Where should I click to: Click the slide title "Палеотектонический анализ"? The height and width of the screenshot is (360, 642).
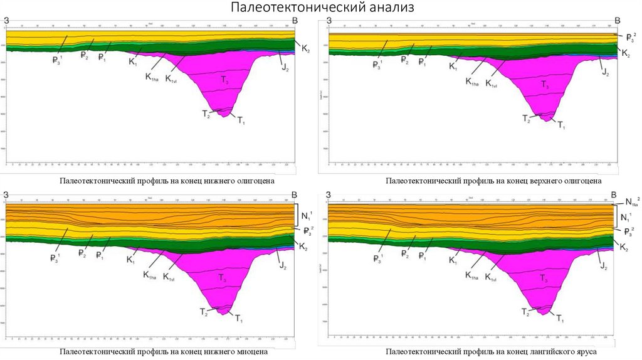[321, 8]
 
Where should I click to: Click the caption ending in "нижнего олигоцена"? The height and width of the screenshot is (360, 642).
[167, 181]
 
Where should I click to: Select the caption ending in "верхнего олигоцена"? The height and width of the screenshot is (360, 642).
[493, 181]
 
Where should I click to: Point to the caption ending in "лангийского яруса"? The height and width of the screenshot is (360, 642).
[491, 352]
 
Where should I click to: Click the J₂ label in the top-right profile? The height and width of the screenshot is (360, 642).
[605, 73]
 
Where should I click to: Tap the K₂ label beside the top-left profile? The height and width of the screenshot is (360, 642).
[305, 48]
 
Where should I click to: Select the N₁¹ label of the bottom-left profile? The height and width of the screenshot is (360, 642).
[306, 216]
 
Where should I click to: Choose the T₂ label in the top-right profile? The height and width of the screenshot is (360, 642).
[527, 119]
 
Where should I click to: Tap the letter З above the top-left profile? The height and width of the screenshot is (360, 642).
[6, 22]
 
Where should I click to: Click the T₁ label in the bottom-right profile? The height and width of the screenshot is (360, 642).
[560, 320]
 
